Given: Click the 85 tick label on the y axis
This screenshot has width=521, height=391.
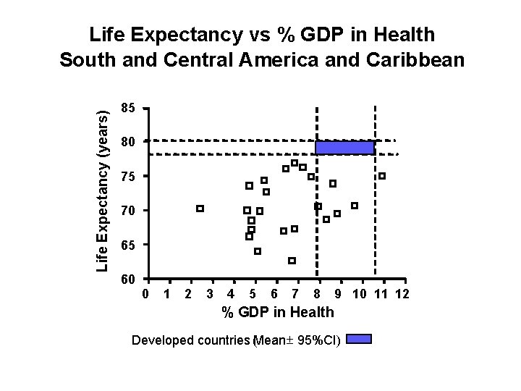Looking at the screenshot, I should [x=127, y=109].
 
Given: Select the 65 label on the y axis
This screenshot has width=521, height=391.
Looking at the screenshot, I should [x=127, y=245].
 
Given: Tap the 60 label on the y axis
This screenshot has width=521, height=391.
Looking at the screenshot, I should [x=127, y=279].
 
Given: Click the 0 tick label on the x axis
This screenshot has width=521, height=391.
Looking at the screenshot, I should [x=146, y=294].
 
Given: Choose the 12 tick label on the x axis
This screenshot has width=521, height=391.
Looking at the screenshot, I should [x=402, y=294].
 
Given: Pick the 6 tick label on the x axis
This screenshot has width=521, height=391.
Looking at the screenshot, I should [x=273, y=294].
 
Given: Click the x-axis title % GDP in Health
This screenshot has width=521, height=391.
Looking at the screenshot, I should [x=277, y=312].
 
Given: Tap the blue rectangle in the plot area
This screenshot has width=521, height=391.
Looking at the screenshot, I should [x=344, y=147].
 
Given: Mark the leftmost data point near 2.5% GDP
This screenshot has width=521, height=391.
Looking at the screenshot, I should [x=200, y=209].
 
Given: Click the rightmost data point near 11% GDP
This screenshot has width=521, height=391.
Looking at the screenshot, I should [x=382, y=176].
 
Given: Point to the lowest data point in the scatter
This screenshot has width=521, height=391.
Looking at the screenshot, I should [x=292, y=261].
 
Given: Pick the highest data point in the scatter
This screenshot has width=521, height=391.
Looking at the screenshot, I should [x=295, y=163].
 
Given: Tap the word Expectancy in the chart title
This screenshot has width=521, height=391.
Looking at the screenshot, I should [x=183, y=34].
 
